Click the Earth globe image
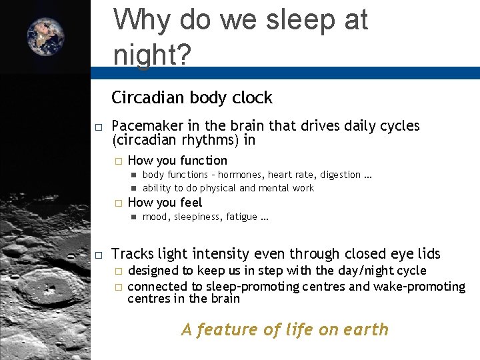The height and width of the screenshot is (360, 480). pyautogui.click(x=46, y=37)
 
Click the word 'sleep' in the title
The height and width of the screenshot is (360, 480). pyautogui.click(x=290, y=20)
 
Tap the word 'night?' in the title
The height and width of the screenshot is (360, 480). pyautogui.click(x=152, y=55)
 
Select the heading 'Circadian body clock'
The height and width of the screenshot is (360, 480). pyautogui.click(x=192, y=98)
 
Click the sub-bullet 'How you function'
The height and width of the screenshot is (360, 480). pyautogui.click(x=177, y=161)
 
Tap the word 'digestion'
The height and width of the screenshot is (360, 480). pyautogui.click(x=340, y=175)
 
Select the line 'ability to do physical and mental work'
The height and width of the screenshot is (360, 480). pyautogui.click(x=228, y=188)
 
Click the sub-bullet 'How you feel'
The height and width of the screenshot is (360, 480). pyautogui.click(x=165, y=203)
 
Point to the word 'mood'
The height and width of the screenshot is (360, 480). pyautogui.click(x=155, y=217)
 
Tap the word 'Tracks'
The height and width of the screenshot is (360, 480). pyautogui.click(x=133, y=254)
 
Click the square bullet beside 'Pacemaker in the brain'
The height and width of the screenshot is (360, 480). pyautogui.click(x=98, y=127)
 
